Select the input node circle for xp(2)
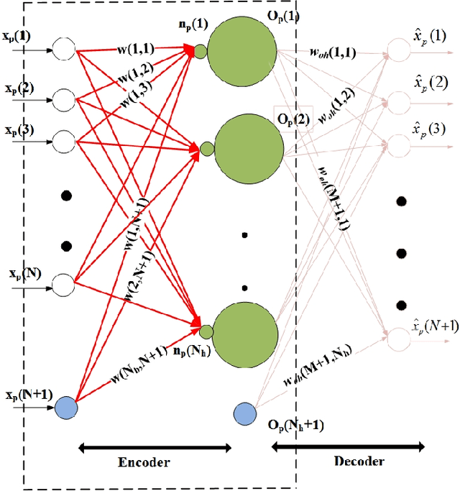click(65, 96)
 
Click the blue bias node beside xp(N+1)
click(65, 408)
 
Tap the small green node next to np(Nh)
click(206, 331)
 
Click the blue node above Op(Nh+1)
click(245, 413)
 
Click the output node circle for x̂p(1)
click(397, 51)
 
